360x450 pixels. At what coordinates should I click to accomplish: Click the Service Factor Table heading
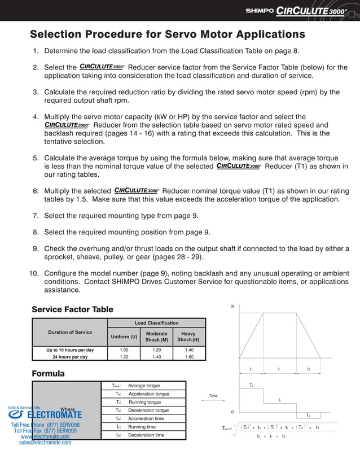pos(72,309)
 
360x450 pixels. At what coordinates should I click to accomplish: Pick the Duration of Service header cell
pos(69,332)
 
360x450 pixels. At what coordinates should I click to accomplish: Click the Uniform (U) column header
pos(123,337)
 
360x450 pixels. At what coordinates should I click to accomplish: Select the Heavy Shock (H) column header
pos(188,337)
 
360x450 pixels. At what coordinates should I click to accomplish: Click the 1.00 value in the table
pos(124,350)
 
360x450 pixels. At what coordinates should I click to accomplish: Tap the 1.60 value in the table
pos(188,357)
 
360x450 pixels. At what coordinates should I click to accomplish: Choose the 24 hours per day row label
pos(69,357)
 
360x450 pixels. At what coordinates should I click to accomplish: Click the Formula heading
pos(48,374)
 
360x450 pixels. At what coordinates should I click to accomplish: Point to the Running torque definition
pos(144,402)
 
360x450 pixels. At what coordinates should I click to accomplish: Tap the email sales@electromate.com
pos(45,443)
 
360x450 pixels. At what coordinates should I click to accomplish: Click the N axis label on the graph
pos(232,307)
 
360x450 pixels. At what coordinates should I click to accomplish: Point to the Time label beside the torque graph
pos(213,396)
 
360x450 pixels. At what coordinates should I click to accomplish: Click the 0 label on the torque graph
pos(232,412)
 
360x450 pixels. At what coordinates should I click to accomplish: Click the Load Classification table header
pos(156,323)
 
